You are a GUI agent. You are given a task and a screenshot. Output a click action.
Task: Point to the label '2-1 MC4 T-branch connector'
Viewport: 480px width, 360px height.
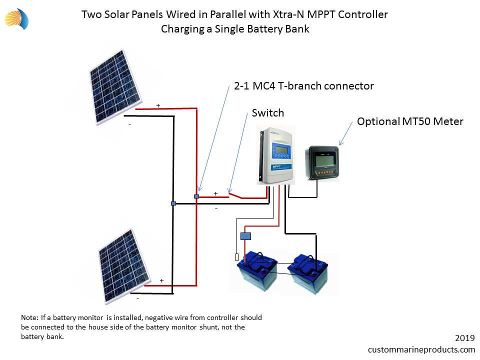click(x=303, y=86)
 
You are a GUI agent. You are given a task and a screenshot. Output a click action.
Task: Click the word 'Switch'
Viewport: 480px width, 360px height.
click(x=267, y=113)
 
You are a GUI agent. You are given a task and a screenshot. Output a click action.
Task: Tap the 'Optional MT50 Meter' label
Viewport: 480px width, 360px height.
click(x=410, y=121)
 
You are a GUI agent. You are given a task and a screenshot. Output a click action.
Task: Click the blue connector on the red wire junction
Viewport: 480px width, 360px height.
click(x=196, y=196)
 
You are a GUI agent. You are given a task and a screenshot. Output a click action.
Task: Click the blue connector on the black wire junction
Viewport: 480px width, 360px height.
click(x=173, y=203)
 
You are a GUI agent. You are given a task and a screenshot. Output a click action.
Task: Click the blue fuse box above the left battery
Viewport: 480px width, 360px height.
click(x=245, y=236)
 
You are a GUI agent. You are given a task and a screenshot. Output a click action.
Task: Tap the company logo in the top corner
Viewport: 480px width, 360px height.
click(x=17, y=19)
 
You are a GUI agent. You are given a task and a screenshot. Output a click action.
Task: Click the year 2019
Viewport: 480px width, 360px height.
click(x=464, y=338)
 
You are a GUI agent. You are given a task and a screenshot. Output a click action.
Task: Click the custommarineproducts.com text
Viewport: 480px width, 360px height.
click(x=421, y=349)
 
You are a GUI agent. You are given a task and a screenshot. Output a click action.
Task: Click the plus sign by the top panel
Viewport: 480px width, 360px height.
click(x=158, y=105)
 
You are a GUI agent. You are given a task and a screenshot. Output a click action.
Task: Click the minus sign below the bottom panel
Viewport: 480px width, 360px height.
click(x=137, y=298)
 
